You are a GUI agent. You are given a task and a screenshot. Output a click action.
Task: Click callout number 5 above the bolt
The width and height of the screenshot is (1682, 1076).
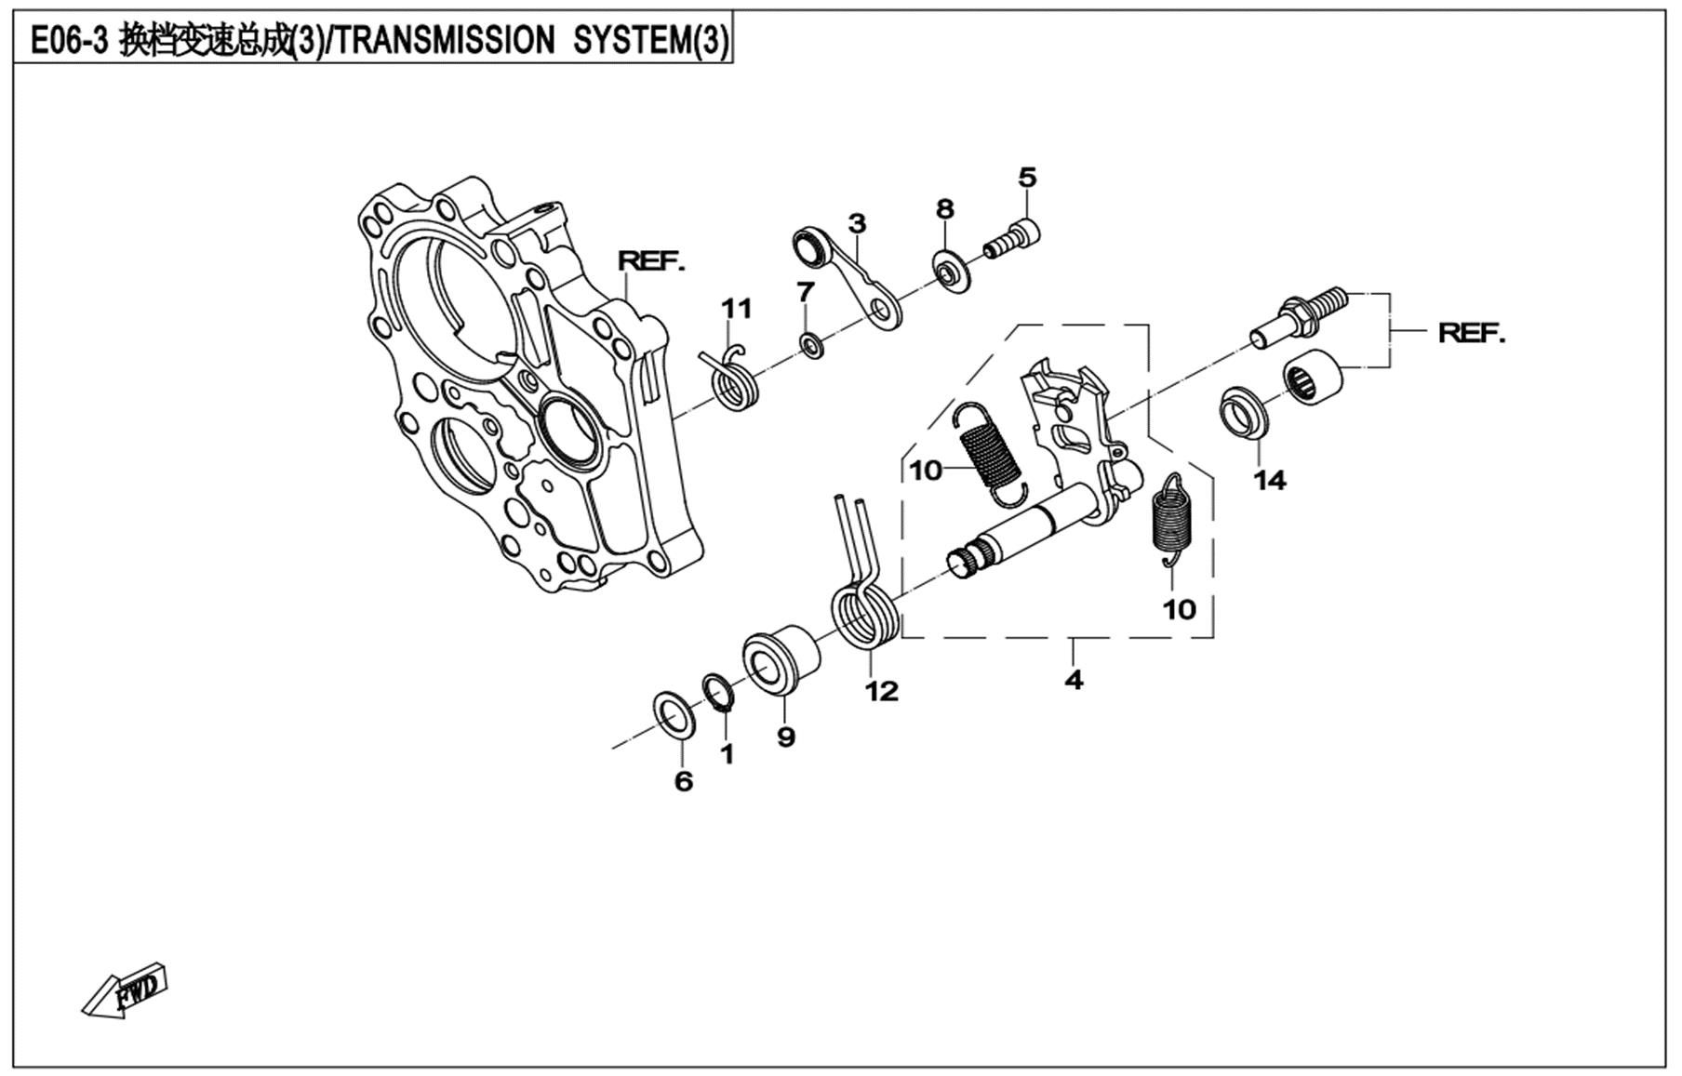pos(1027,177)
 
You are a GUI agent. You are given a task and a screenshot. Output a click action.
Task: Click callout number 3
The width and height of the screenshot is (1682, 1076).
pos(857,223)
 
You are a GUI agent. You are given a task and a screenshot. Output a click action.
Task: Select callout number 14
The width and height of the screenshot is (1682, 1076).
pos(1269,480)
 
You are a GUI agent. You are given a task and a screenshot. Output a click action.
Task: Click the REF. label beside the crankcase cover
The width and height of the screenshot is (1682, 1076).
pos(651,261)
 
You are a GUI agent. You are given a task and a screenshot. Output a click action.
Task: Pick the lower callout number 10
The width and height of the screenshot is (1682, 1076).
pos(1179,609)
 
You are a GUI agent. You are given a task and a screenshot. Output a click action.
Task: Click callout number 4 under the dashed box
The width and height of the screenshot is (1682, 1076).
pos(1074,680)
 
